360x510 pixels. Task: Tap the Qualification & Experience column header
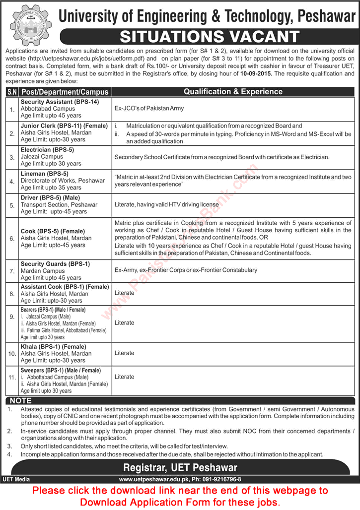point(233,92)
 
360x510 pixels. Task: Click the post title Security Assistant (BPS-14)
point(60,102)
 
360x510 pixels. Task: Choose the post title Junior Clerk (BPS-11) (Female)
point(64,126)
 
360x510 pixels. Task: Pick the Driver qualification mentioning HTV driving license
point(166,205)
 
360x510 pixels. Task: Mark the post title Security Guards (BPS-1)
point(55,264)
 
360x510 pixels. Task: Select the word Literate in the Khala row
point(124,353)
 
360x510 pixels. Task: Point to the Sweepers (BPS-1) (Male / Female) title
point(61,371)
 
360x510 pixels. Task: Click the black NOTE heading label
point(20,400)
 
